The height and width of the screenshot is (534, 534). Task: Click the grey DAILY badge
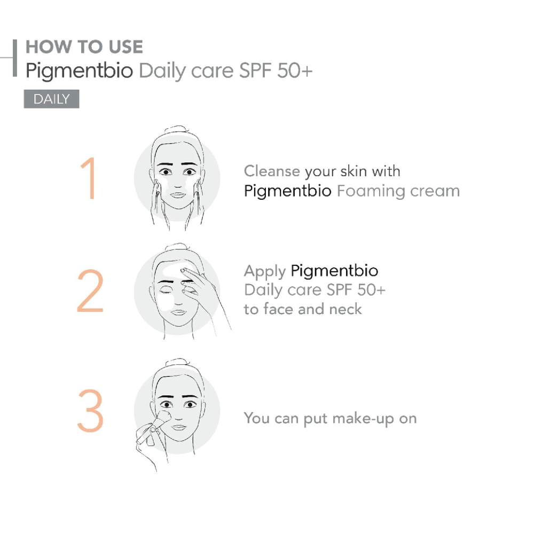pos(51,99)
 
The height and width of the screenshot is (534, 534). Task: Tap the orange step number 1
pos(88,178)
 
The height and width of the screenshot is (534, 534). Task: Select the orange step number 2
pos(90,290)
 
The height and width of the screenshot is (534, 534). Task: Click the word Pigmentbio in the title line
pos(80,71)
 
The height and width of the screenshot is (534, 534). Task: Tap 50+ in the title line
pos(295,70)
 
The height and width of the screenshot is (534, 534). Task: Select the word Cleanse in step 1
pos(272,171)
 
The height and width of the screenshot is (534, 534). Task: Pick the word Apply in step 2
pos(265,272)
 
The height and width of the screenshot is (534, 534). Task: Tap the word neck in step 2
pos(345,309)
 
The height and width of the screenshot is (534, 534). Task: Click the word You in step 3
pos(257,418)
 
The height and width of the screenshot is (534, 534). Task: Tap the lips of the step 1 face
pos(177,195)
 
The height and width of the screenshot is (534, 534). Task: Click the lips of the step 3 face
pos(178,427)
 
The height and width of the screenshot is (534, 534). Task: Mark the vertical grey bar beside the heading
pos(14,58)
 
